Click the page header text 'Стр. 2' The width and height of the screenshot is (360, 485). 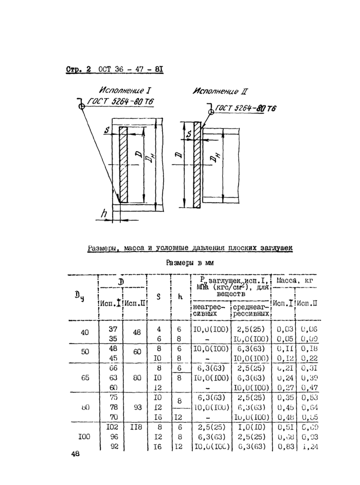click(x=78, y=69)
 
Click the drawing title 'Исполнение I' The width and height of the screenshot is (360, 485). click(x=122, y=89)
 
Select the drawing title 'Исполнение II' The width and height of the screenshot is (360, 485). click(x=220, y=92)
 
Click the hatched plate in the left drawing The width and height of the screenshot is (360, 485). click(x=123, y=165)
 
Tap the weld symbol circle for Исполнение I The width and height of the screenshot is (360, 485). click(x=81, y=106)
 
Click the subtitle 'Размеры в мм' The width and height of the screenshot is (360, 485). click(x=190, y=262)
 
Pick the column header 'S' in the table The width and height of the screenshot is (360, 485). click(x=159, y=297)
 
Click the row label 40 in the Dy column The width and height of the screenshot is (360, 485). click(x=85, y=332)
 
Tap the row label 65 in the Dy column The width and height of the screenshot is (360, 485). click(x=85, y=377)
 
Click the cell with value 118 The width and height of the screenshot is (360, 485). click(x=136, y=426)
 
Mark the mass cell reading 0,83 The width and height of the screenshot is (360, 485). click(x=285, y=446)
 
